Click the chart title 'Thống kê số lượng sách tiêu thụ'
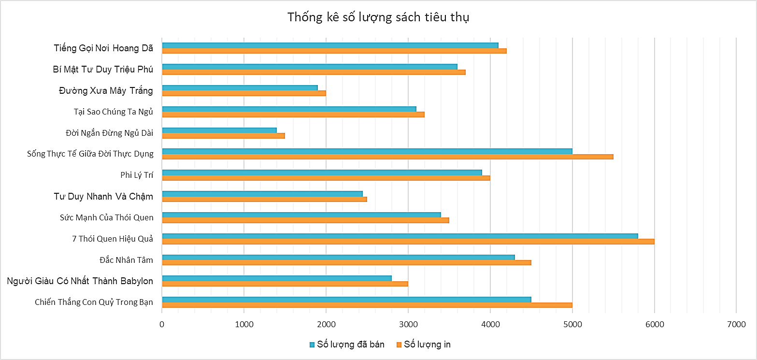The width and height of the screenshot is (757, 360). click(378, 17)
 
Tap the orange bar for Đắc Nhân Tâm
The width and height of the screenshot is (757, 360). click(346, 263)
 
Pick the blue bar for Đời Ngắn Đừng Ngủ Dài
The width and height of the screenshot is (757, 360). click(219, 130)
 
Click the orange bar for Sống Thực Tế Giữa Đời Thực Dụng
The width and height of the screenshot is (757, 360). click(387, 157)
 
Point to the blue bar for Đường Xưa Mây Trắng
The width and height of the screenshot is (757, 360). click(240, 87)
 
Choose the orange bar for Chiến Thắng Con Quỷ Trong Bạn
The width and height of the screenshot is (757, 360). click(367, 305)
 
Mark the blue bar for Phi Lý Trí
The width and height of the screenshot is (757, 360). click(322, 173)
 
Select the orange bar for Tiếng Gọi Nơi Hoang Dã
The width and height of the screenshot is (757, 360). click(334, 51)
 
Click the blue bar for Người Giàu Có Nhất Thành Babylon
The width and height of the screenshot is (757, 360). click(277, 278)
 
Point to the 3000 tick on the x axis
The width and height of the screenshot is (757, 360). click(408, 324)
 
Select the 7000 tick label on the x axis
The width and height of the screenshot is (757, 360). click(736, 324)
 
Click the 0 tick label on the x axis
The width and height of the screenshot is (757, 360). click(162, 324)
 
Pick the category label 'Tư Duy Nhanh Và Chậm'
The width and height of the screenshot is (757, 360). click(103, 196)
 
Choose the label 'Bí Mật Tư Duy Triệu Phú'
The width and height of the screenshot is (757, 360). click(103, 69)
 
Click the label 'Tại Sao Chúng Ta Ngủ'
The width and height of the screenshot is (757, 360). click(113, 112)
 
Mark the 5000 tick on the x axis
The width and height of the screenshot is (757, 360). click(572, 324)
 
